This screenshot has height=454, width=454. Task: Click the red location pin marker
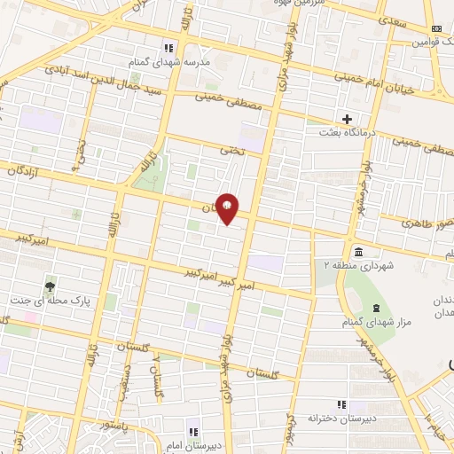click(x=228, y=207)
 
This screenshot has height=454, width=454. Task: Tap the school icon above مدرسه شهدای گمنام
click(x=168, y=47)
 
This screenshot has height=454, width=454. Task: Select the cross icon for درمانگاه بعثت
click(x=347, y=119)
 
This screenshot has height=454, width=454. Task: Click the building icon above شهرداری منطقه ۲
click(x=356, y=251)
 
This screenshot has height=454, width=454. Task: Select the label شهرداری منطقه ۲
click(x=352, y=264)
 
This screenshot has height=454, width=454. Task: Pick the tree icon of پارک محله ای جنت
click(x=50, y=286)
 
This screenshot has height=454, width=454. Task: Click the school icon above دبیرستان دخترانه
click(x=341, y=404)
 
